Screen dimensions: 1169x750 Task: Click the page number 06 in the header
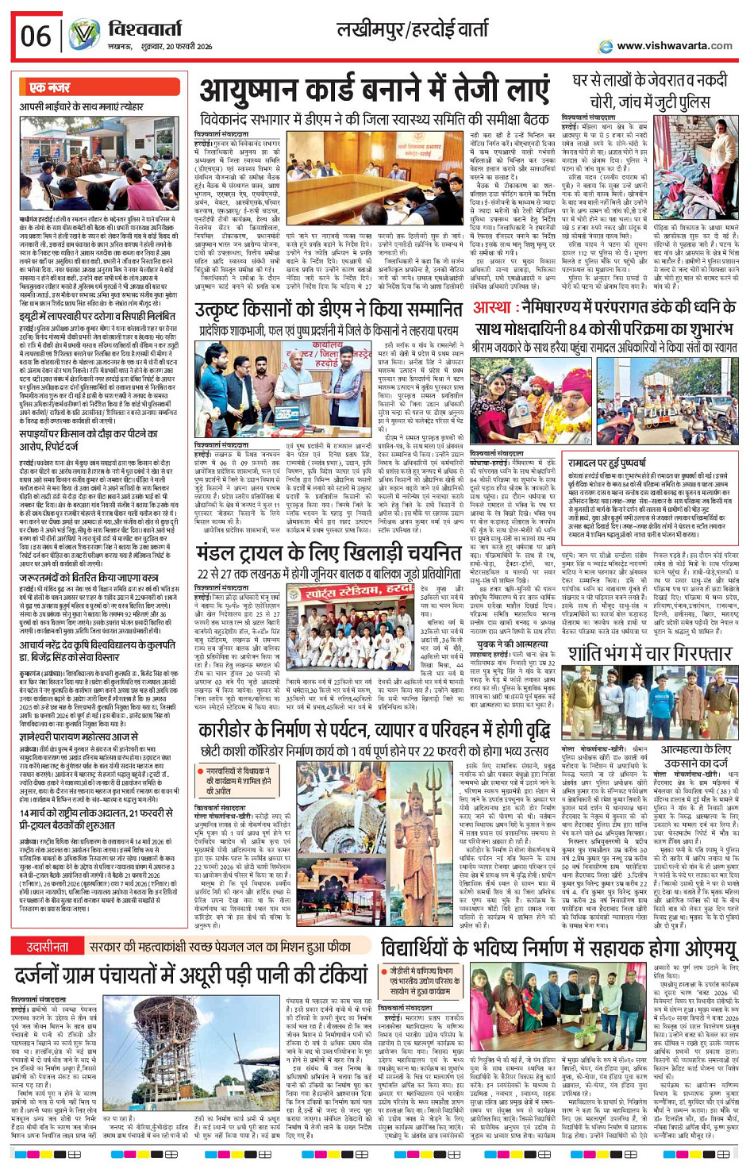coord(36,36)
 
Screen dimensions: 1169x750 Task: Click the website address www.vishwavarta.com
coord(674,46)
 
